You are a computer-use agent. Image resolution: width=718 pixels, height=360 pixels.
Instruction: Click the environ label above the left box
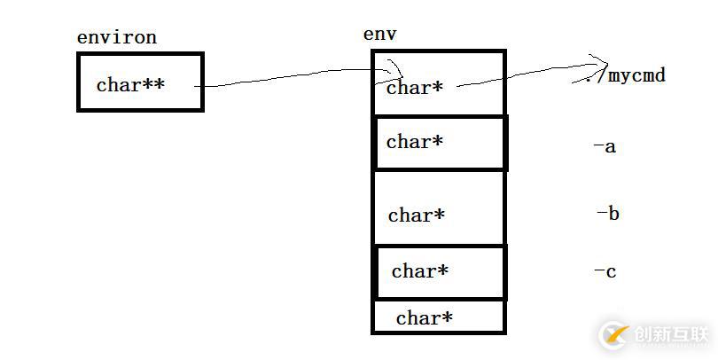tap(117, 37)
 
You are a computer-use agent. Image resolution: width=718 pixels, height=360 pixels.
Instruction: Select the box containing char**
tap(140, 82)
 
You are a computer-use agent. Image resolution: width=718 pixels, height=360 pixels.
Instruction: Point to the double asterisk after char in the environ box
tap(153, 84)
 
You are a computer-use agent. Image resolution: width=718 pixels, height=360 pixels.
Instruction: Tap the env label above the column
tap(379, 35)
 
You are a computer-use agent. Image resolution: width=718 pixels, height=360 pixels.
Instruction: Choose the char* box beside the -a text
tap(441, 142)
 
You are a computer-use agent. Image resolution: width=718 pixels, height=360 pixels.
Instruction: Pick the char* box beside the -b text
tap(439, 208)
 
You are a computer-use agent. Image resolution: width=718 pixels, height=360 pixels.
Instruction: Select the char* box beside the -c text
tap(441, 272)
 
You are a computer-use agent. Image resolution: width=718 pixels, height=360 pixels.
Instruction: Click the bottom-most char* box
tap(439, 317)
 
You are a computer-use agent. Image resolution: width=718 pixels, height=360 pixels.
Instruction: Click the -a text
tap(605, 146)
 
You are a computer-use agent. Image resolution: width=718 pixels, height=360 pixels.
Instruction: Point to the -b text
tap(607, 213)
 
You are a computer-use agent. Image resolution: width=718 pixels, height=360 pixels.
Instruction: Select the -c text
tap(605, 271)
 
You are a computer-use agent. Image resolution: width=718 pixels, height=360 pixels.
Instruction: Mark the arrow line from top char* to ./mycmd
tap(523, 77)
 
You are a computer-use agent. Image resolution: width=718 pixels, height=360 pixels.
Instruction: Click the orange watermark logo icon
tap(613, 334)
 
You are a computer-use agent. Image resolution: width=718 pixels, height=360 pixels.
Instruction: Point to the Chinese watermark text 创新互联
tap(671, 334)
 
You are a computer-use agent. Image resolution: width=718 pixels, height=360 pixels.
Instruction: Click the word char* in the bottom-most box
tap(425, 318)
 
